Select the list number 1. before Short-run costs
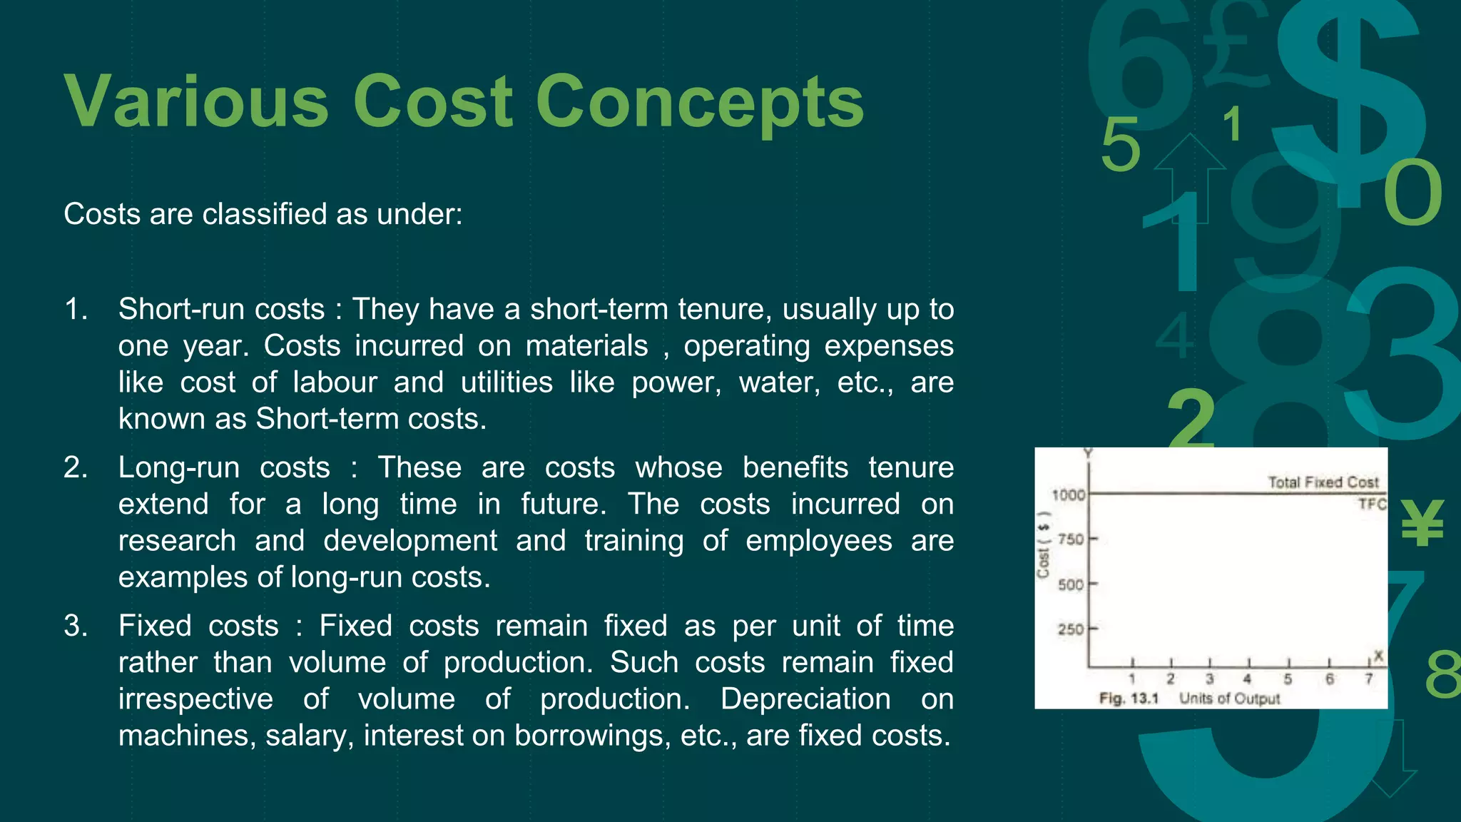click(x=76, y=310)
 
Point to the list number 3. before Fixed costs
click(x=76, y=626)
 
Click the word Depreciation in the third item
click(x=805, y=699)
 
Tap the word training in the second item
click(x=634, y=541)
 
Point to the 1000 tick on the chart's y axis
click(x=1068, y=494)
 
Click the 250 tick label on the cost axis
click(x=1070, y=629)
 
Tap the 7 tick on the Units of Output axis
click(x=1368, y=679)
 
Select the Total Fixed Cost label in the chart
click(x=1323, y=482)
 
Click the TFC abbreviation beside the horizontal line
click(x=1372, y=504)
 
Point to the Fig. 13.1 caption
click(x=1129, y=699)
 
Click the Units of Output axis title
click(x=1229, y=699)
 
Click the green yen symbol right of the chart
click(x=1422, y=523)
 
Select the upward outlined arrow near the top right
click(x=1189, y=178)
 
